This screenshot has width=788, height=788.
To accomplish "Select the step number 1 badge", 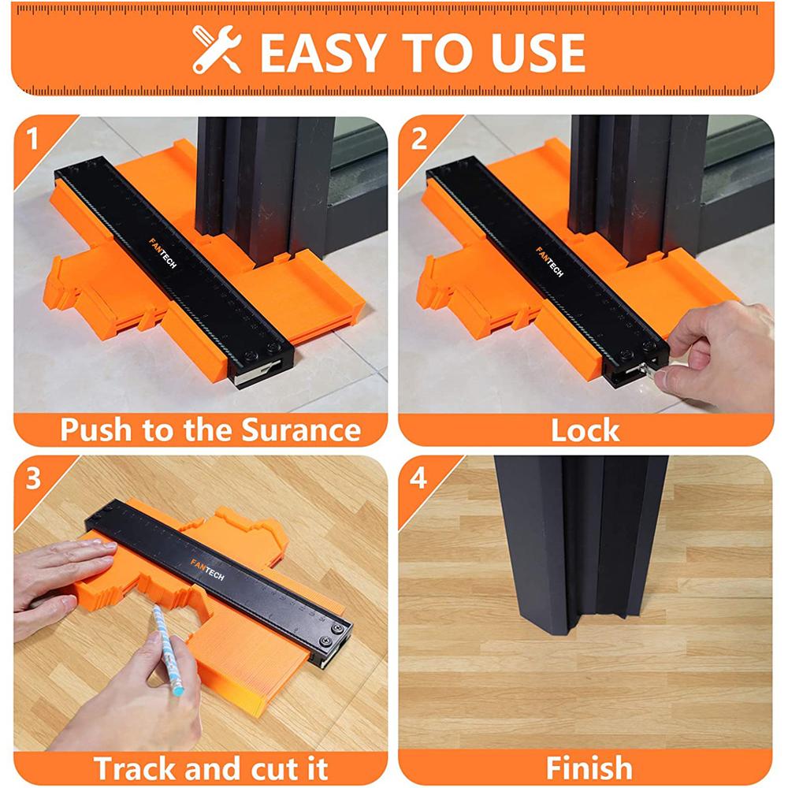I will pyautogui.click(x=32, y=139).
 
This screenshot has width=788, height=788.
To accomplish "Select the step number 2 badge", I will pyautogui.click(x=419, y=139).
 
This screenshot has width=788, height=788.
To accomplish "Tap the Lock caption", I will pyautogui.click(x=585, y=430).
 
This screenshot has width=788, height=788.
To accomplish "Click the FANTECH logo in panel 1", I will pyautogui.click(x=161, y=253).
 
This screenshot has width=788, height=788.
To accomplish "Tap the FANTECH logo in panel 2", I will pyautogui.click(x=549, y=262).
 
